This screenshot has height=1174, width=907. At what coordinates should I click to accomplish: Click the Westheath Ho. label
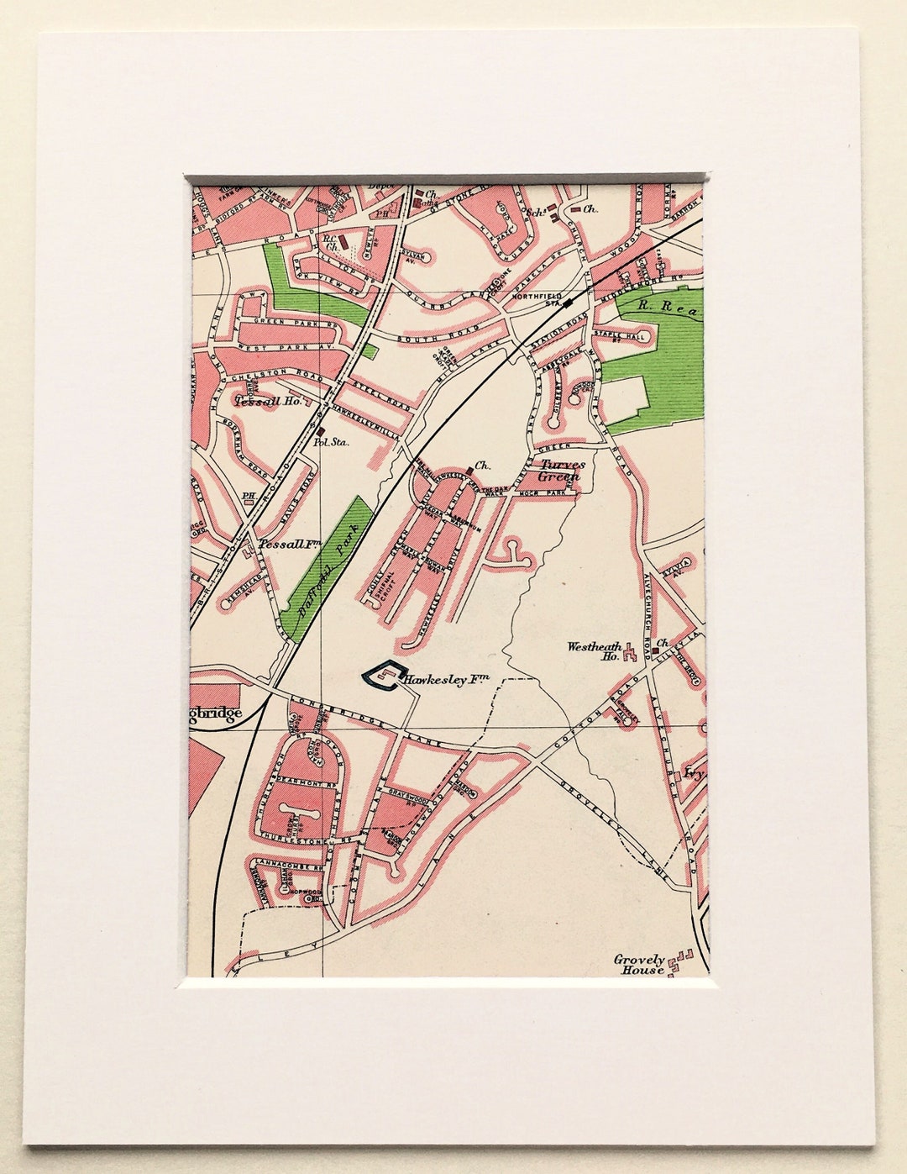595,651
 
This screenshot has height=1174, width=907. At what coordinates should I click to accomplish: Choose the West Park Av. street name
280,345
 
